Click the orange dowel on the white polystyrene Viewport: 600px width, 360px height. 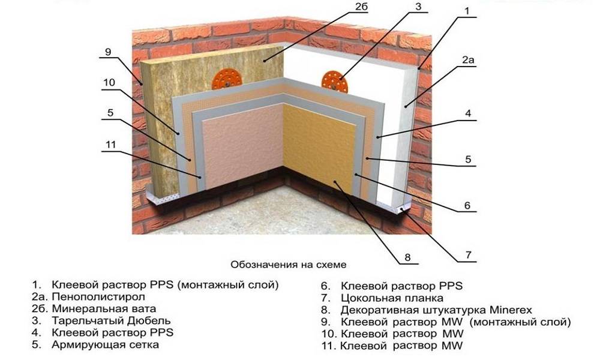pyautogui.click(x=334, y=82)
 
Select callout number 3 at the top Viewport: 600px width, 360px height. pyautogui.click(x=418, y=7)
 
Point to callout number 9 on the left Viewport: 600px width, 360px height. pyautogui.click(x=108, y=52)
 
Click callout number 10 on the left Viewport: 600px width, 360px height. pyautogui.click(x=109, y=82)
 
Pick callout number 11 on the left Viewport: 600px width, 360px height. pyautogui.click(x=110, y=145)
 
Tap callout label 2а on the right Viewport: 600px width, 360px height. pyautogui.click(x=468, y=60)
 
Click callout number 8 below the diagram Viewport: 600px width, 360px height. pyautogui.click(x=407, y=257)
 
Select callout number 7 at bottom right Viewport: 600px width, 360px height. pyautogui.click(x=469, y=255)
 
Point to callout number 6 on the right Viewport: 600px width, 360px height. pyautogui.click(x=467, y=205)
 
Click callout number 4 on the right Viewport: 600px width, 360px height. pyautogui.click(x=468, y=113)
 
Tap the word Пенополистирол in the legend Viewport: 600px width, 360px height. pyautogui.click(x=98, y=297)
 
